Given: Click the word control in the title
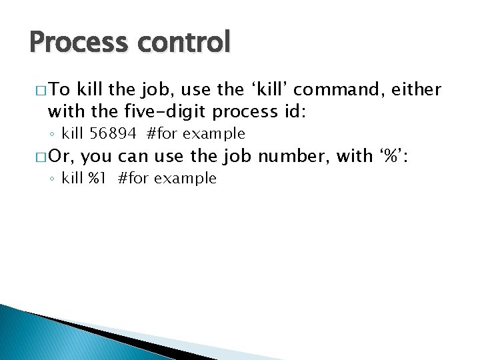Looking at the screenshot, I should (184, 42).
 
